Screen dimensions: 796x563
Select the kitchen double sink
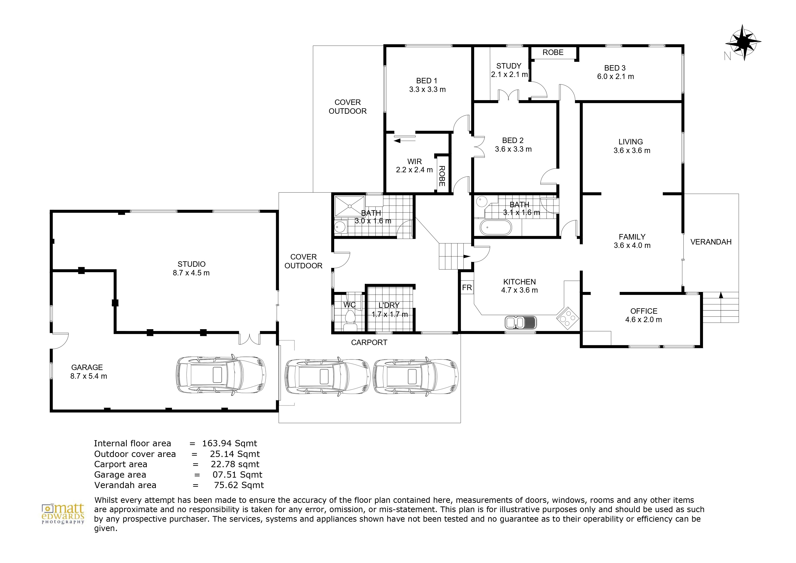coord(520,322)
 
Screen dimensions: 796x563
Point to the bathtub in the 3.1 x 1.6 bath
coord(495,227)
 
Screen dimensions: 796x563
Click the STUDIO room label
coord(191,264)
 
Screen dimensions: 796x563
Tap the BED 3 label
coord(615,68)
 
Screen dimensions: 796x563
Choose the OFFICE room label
coord(644,311)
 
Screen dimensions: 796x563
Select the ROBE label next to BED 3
coord(553,52)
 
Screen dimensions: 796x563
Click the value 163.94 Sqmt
coord(230,443)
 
